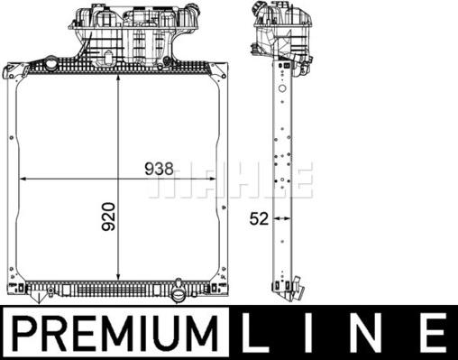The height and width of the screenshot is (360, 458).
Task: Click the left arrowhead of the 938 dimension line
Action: pos(23,177)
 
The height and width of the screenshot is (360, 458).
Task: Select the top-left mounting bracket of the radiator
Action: pos(13,71)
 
